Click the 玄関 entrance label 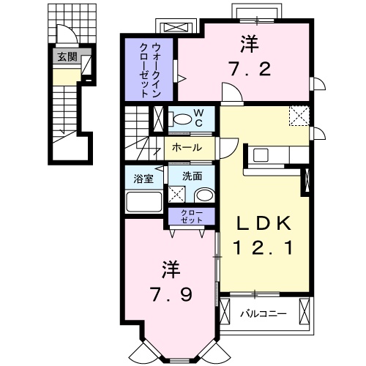click(67, 57)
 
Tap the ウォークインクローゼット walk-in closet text click(149, 70)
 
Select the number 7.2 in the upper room click(250, 69)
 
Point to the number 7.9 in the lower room click(171, 294)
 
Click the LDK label click(264, 223)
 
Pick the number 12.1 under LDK click(263, 247)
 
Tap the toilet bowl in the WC click(182, 119)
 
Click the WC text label click(199, 118)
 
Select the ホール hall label click(187, 147)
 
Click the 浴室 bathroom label click(143, 179)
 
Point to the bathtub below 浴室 click(144, 202)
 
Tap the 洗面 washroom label click(193, 176)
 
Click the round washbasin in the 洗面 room click(204, 195)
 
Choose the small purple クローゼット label click(192, 217)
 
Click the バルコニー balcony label click(264, 313)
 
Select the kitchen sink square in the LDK click(261, 155)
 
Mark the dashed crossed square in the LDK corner click(299, 116)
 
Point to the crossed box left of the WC click(158, 119)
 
